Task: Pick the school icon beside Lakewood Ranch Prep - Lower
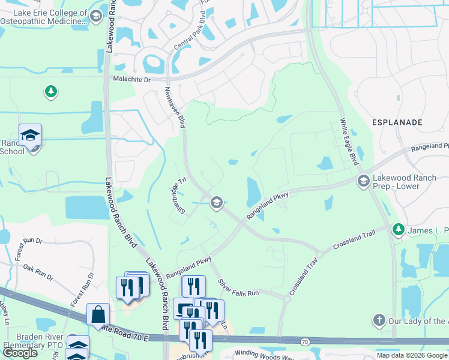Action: tap(363, 181)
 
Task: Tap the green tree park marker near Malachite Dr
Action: tap(51, 92)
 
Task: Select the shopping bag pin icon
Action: tap(98, 314)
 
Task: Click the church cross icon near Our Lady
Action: tap(378, 320)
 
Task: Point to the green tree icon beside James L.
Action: tap(397, 229)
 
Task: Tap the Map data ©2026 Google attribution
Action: tap(411, 355)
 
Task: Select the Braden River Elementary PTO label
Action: tap(33, 341)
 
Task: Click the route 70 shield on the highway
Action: tap(305, 342)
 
